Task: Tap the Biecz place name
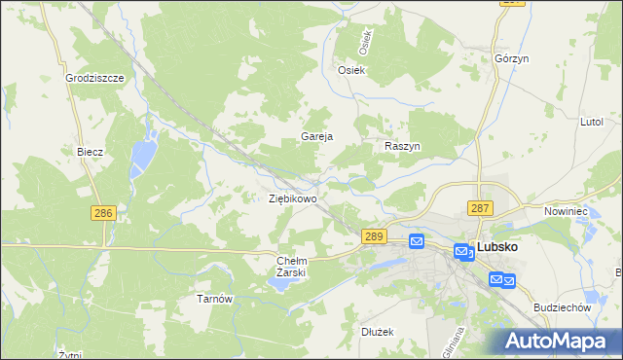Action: pyautogui.click(x=91, y=152)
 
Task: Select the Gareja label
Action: pyautogui.click(x=317, y=137)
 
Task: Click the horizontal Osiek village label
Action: pyautogui.click(x=350, y=70)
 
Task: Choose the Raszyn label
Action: pyautogui.click(x=401, y=145)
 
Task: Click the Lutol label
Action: pyautogui.click(x=592, y=123)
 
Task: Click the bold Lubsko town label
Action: pyautogui.click(x=496, y=247)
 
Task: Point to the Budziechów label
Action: pyautogui.click(x=564, y=306)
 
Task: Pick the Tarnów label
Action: pyautogui.click(x=214, y=299)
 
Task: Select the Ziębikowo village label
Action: pyautogui.click(x=292, y=198)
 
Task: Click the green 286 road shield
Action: pyautogui.click(x=103, y=213)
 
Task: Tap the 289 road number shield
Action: pyautogui.click(x=375, y=236)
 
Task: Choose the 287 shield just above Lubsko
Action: pyautogui.click(x=480, y=208)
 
